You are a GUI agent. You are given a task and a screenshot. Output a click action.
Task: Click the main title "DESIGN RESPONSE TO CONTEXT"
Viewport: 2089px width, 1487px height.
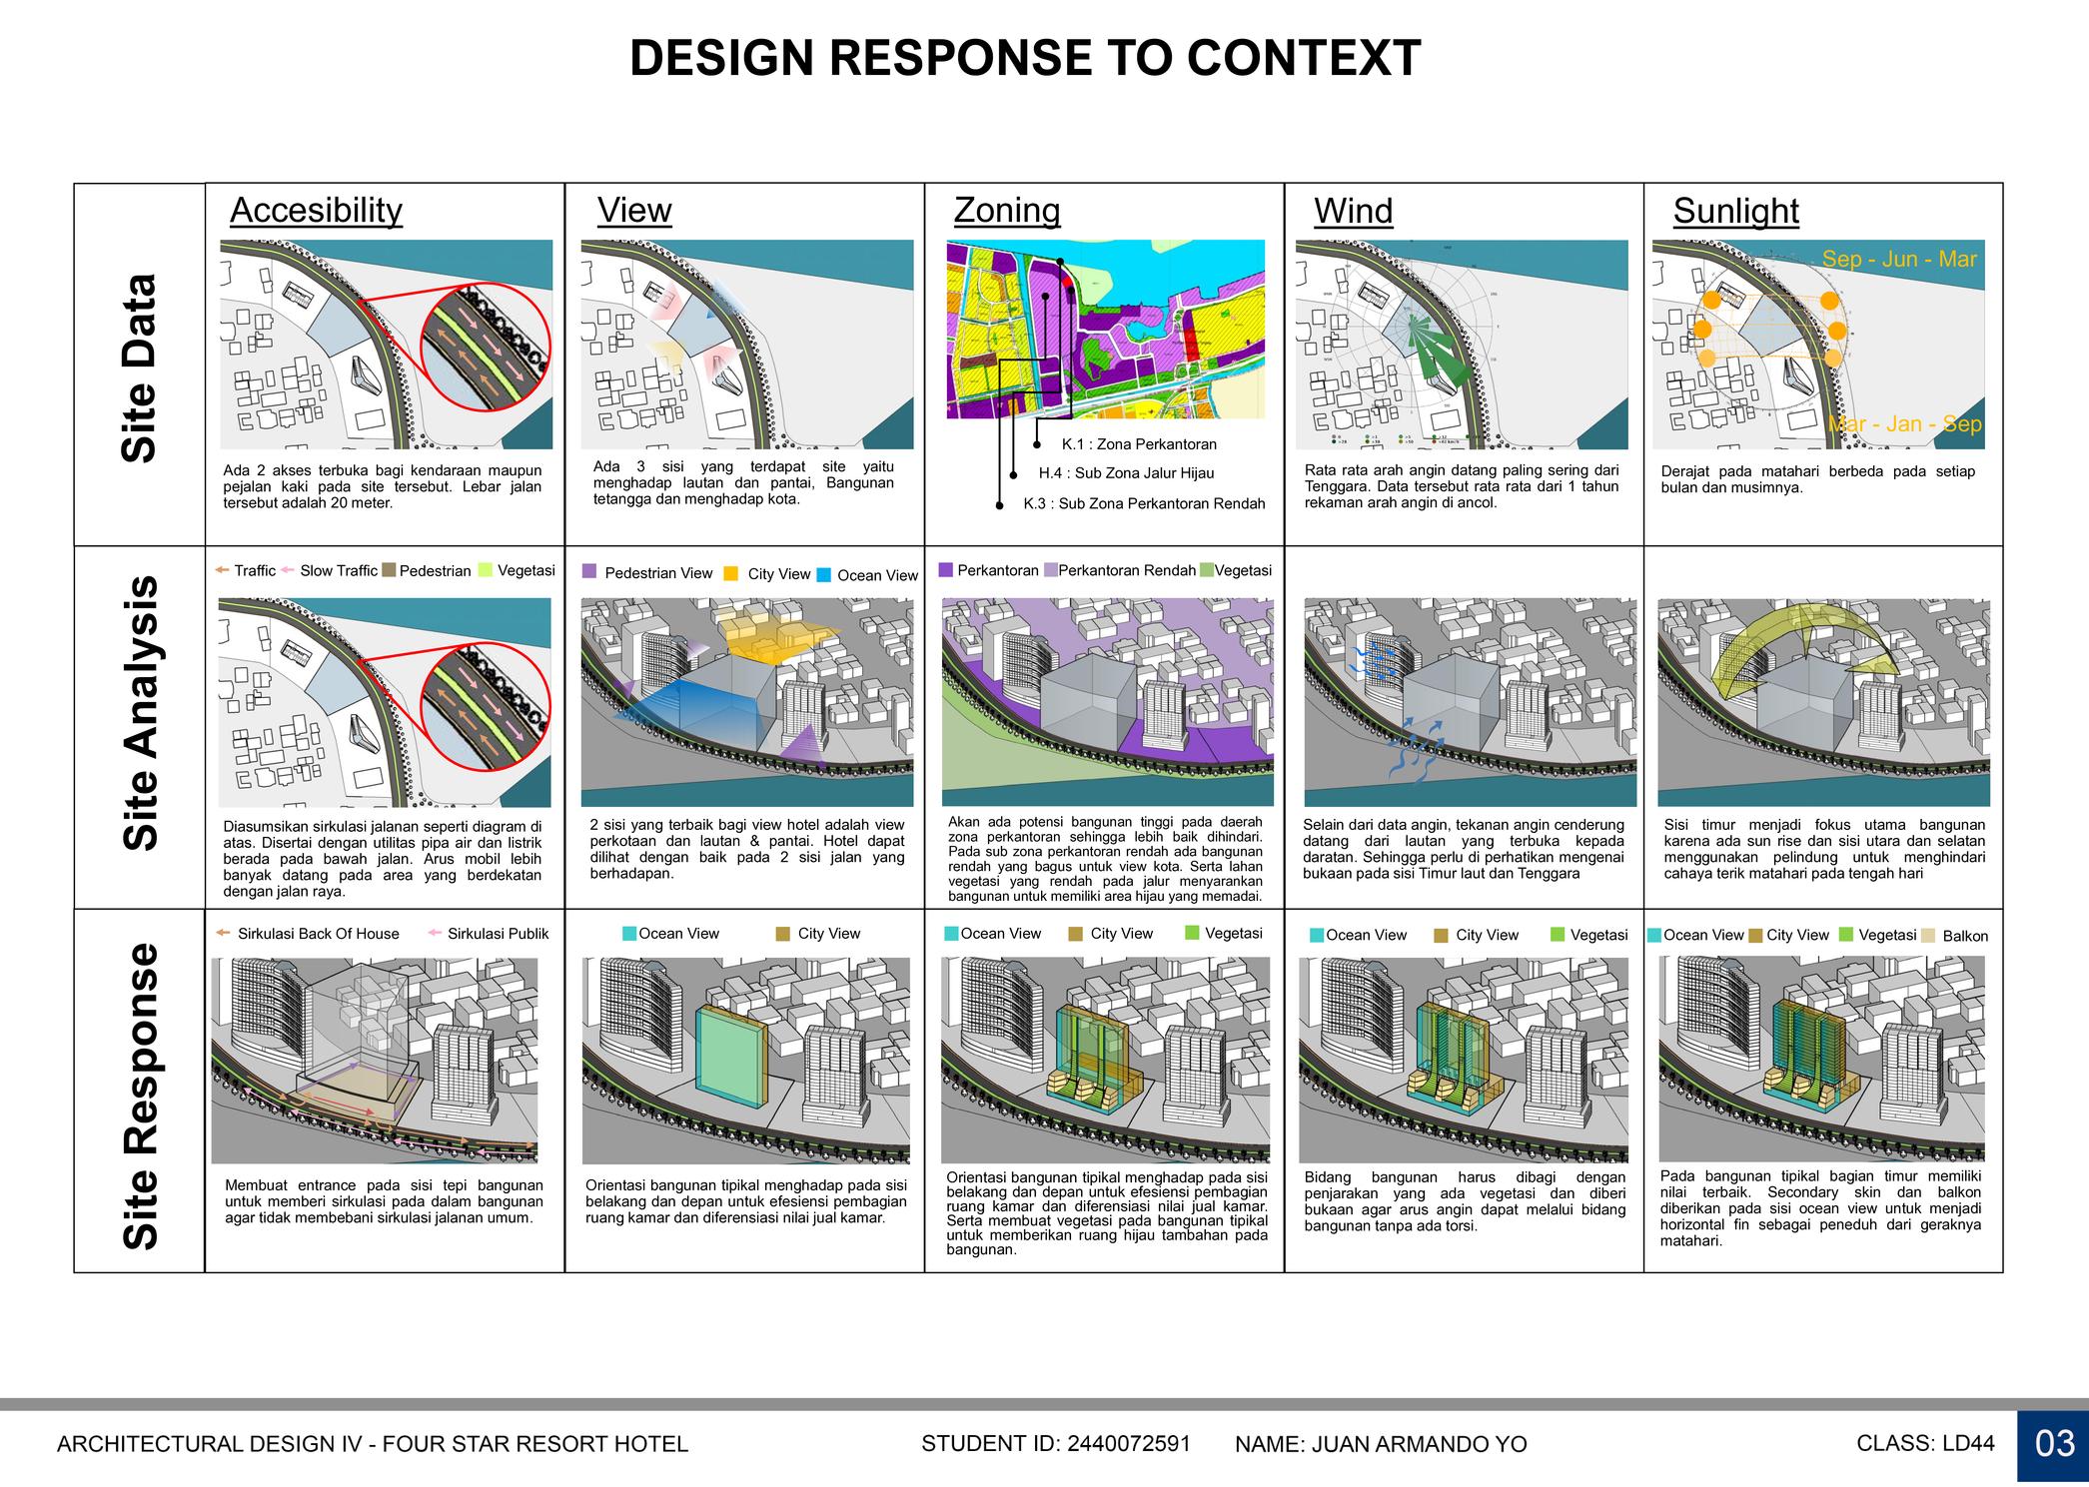1024,59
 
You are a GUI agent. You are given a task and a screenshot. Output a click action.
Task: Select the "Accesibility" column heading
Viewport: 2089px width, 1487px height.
316,211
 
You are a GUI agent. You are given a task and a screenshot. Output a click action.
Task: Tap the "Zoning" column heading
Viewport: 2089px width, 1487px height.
1006,211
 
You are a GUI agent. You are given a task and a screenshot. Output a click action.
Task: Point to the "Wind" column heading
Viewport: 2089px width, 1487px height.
1353,212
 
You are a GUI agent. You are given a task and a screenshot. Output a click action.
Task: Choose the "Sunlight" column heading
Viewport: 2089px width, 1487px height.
1735,212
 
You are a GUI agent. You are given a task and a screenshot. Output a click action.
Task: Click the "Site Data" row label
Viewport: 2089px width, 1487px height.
140,368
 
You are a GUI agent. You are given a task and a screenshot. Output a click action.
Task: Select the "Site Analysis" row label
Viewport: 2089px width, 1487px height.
140,712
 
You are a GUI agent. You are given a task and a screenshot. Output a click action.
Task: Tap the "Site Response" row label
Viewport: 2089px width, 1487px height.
140,1096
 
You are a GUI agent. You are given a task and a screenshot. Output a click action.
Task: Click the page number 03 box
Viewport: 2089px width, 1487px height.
2053,1444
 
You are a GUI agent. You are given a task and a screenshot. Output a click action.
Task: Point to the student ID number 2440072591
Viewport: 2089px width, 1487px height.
1129,1443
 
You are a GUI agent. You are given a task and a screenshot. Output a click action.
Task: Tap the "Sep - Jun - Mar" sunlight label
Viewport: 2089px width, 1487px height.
1899,260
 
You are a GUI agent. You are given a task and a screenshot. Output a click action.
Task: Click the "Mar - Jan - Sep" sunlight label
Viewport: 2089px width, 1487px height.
1904,424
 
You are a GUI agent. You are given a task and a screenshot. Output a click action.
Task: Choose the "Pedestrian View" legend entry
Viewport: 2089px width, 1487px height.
657,573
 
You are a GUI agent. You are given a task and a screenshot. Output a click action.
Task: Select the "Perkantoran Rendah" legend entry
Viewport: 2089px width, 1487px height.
1126,570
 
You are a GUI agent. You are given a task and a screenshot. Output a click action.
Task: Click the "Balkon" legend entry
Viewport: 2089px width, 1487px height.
1964,937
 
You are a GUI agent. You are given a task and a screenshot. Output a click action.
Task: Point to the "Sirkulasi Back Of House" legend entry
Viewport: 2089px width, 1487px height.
318,934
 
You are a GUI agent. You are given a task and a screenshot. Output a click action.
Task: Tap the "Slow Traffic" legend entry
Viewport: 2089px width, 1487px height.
338,571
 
